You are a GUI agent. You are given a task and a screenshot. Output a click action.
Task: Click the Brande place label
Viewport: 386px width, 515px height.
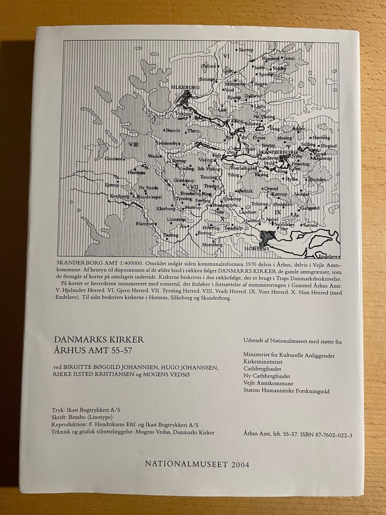[173, 131]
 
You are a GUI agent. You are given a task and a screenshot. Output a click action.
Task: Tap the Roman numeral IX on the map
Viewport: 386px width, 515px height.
[277, 212]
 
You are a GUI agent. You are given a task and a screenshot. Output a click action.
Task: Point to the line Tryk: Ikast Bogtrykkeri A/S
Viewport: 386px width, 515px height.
[86, 409]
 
